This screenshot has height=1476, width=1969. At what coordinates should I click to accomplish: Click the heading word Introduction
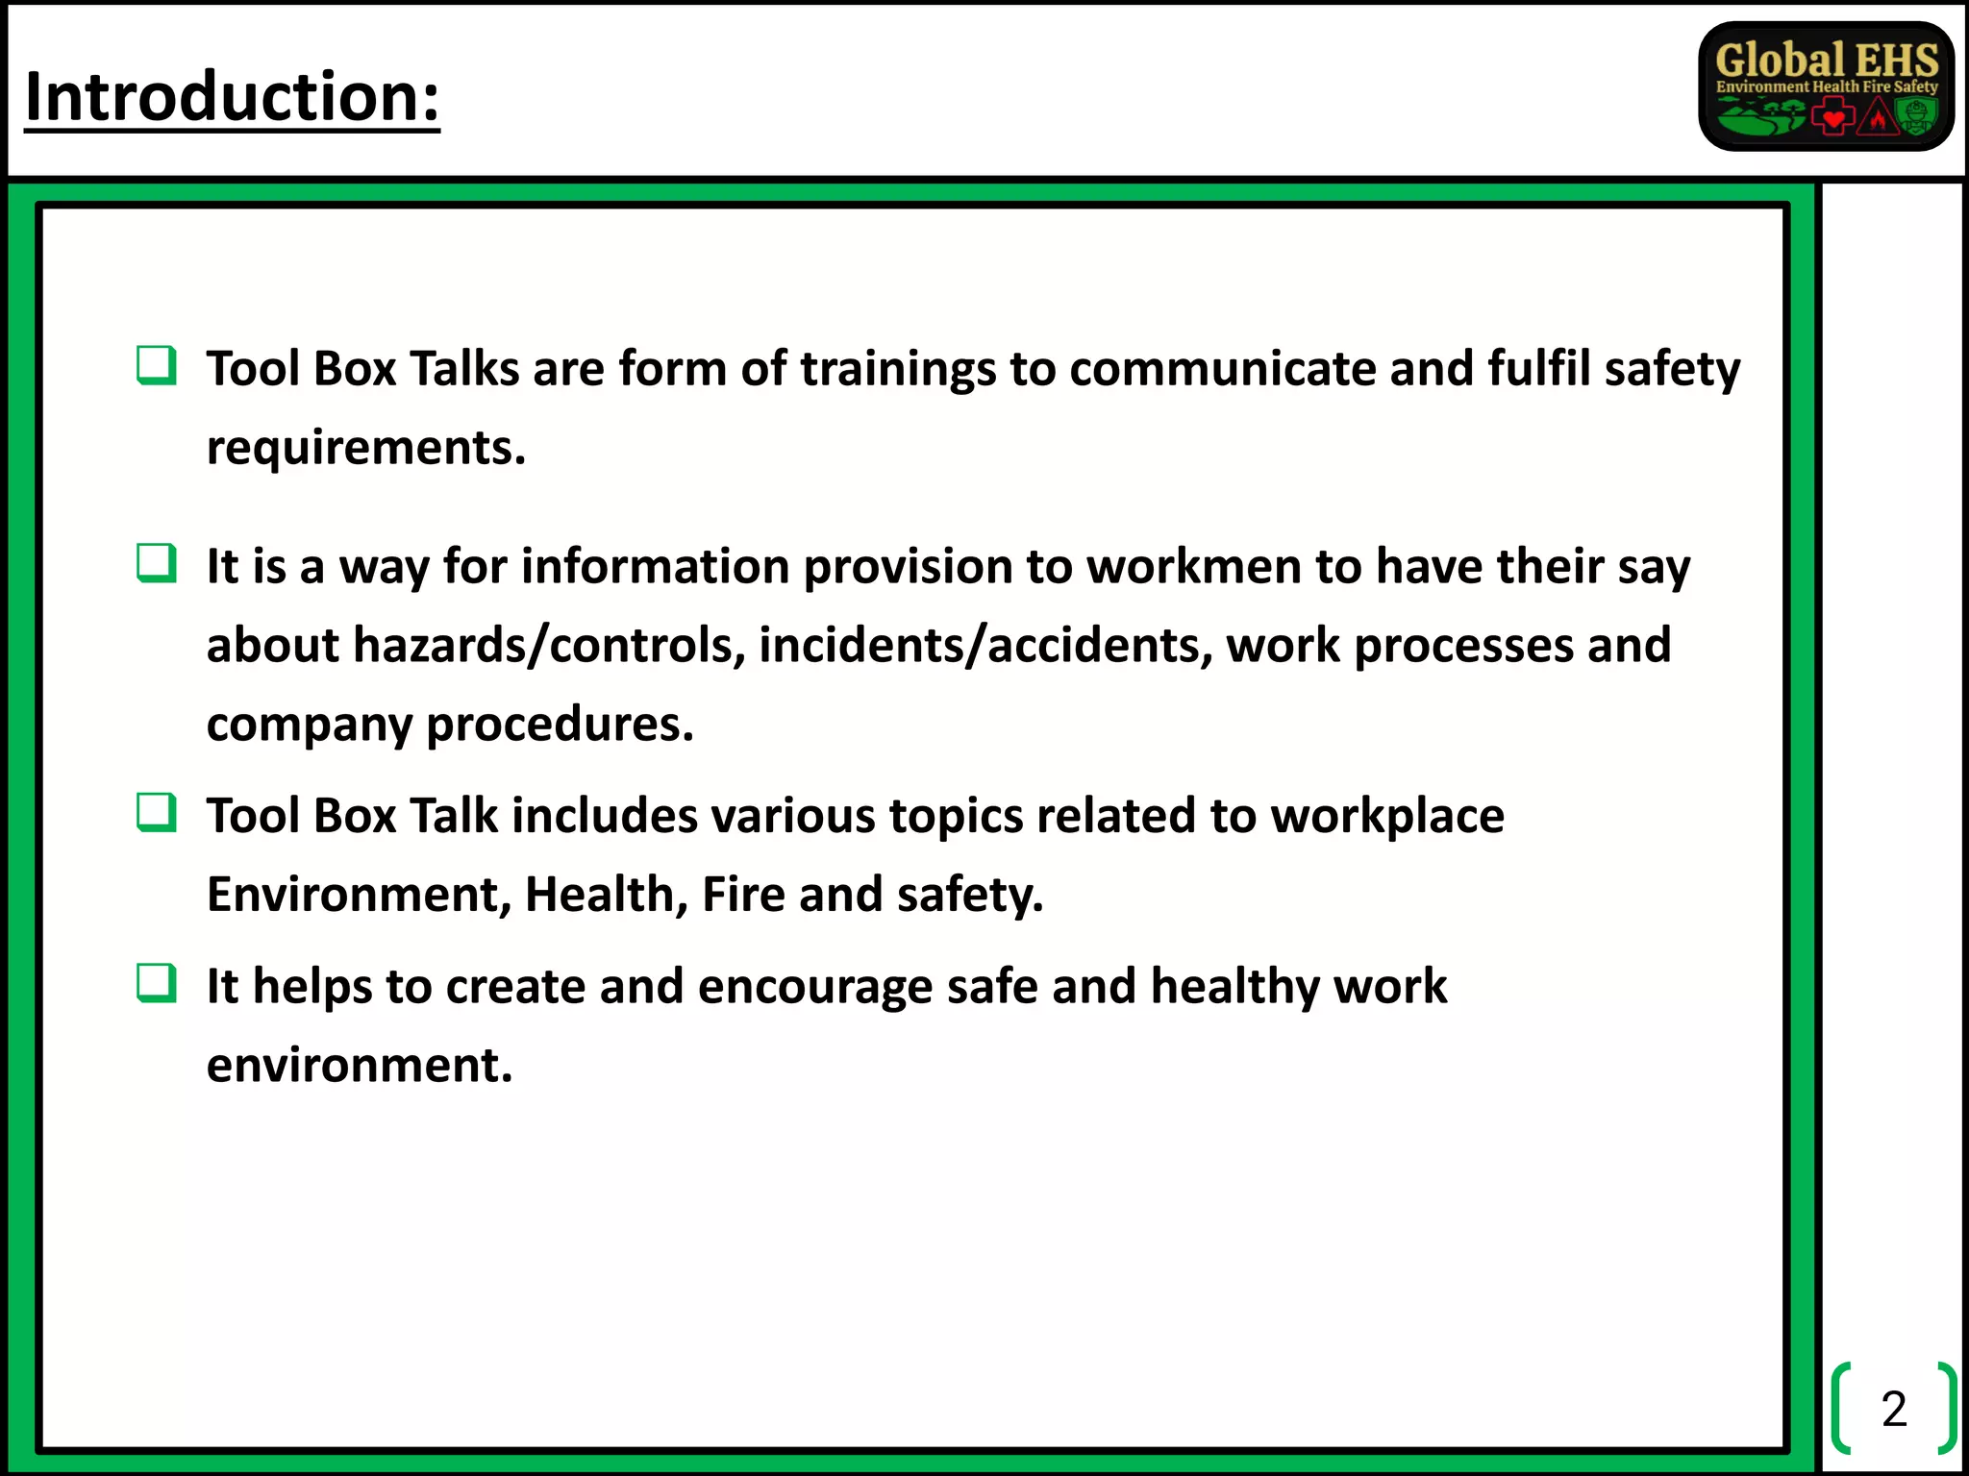[x=231, y=97]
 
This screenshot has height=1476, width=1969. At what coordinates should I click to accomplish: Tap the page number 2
[x=1893, y=1409]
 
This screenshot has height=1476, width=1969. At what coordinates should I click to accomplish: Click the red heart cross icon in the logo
[x=1832, y=118]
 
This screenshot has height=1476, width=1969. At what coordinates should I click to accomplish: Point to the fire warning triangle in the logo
[x=1876, y=118]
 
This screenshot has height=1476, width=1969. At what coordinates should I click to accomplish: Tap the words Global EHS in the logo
[x=1826, y=60]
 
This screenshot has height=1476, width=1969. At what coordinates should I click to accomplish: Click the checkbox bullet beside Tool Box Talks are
[x=156, y=366]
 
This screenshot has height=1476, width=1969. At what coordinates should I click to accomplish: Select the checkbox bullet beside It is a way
[x=156, y=564]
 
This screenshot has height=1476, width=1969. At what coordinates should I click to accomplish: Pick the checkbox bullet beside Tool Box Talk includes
[x=156, y=813]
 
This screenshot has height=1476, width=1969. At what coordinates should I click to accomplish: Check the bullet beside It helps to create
[x=156, y=984]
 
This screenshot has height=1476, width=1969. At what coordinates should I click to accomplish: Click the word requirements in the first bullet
[x=365, y=448]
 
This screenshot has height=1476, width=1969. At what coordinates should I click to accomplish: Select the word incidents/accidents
[x=985, y=645]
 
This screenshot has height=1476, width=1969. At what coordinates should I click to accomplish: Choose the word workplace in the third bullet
[x=1386, y=816]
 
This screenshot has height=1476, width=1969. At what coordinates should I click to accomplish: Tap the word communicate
[x=1222, y=369]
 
